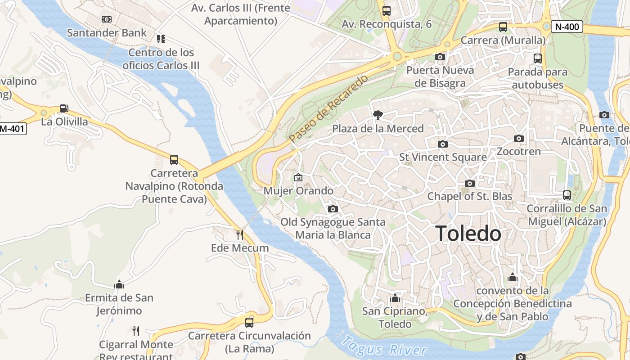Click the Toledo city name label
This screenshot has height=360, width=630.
[468, 234]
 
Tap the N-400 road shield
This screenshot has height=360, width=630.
[567, 27]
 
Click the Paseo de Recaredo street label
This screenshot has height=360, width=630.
[328, 109]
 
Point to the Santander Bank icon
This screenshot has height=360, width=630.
[107, 19]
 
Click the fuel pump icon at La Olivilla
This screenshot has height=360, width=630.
[64, 108]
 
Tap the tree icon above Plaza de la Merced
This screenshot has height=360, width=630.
[378, 115]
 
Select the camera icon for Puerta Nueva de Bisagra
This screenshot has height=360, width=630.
[440, 57]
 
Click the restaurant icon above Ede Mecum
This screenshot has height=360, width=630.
[240, 234]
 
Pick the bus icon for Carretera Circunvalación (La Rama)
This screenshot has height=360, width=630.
[249, 322]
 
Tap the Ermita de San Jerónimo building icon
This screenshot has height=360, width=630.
[119, 284]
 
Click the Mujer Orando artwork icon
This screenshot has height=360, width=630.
[298, 177]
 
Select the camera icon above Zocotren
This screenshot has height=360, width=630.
[519, 138]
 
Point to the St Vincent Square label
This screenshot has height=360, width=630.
[443, 157]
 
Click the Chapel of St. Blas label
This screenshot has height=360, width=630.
[469, 196]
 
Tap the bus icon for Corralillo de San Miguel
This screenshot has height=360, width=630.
[567, 195]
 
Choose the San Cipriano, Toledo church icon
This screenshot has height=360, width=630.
[395, 298]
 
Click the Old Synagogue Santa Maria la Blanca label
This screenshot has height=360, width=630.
[333, 228]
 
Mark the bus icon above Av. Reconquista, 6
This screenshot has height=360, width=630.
[386, 11]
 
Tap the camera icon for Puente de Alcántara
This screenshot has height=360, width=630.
[604, 115]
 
